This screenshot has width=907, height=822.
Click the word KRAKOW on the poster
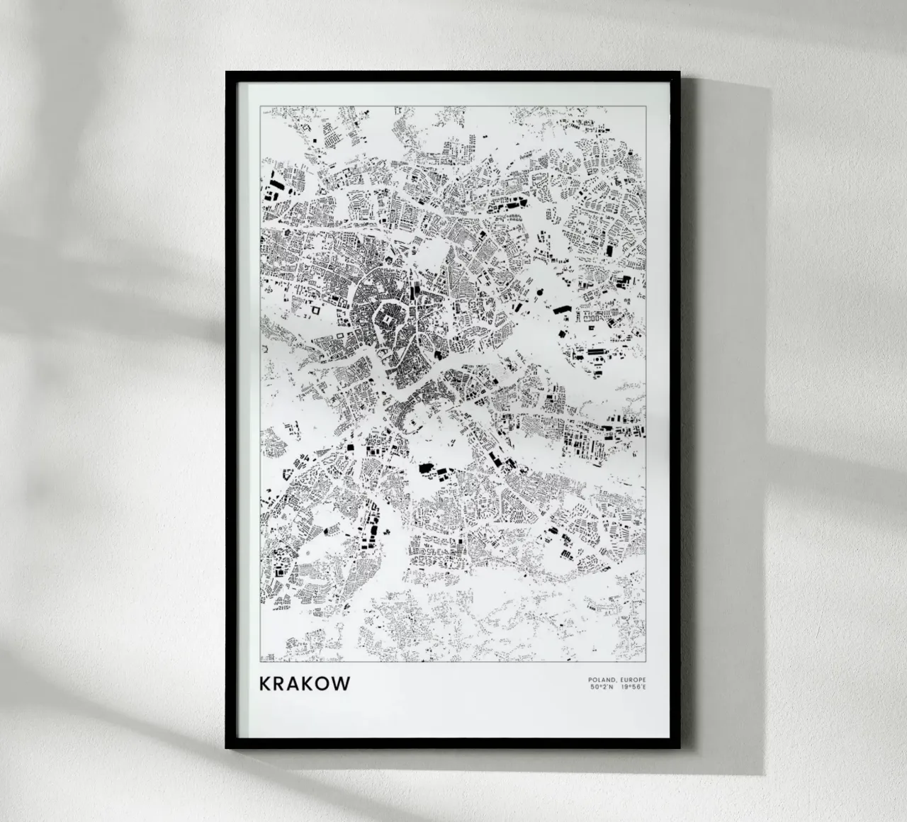pyautogui.click(x=305, y=684)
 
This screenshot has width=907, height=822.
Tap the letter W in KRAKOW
pyautogui.click(x=340, y=684)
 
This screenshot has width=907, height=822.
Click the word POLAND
pyautogui.click(x=599, y=680)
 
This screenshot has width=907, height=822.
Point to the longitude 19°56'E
pyautogui.click(x=633, y=687)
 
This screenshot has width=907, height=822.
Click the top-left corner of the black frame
pyautogui.click(x=227, y=72)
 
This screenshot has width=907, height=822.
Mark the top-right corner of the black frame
pyautogui.click(x=680, y=72)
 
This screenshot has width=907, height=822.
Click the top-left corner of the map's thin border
pyautogui.click(x=261, y=106)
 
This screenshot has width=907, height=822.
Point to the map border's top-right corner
pyautogui.click(x=646, y=106)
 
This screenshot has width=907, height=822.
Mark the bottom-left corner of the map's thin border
pyautogui.click(x=261, y=662)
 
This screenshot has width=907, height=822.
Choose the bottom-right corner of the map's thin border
pyautogui.click(x=646, y=662)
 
